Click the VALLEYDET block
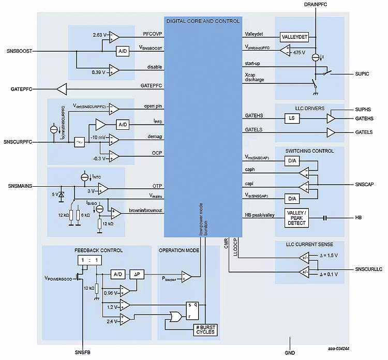[x=294, y=37]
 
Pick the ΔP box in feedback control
[x=137, y=274]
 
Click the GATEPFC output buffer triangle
[x=62, y=89]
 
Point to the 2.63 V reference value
[x=100, y=35]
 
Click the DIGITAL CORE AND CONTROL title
[x=202, y=21]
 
